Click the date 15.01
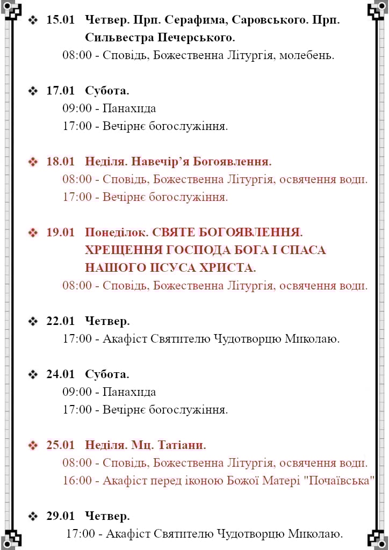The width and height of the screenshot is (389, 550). [60, 20]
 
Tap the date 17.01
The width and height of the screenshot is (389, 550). [60, 90]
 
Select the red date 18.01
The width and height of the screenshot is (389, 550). [60, 161]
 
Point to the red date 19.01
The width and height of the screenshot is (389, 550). [60, 232]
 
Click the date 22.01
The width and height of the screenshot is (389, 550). [60, 321]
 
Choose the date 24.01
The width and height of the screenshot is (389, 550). [60, 374]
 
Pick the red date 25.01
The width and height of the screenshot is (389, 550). [60, 445]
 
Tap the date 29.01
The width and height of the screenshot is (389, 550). [60, 516]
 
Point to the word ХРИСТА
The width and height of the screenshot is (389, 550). [228, 267]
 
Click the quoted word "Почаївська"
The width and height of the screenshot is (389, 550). [338, 480]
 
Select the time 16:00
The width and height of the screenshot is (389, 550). [77, 480]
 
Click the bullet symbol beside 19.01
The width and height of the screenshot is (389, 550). [33, 232]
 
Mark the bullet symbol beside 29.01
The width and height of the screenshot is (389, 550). [33, 516]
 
